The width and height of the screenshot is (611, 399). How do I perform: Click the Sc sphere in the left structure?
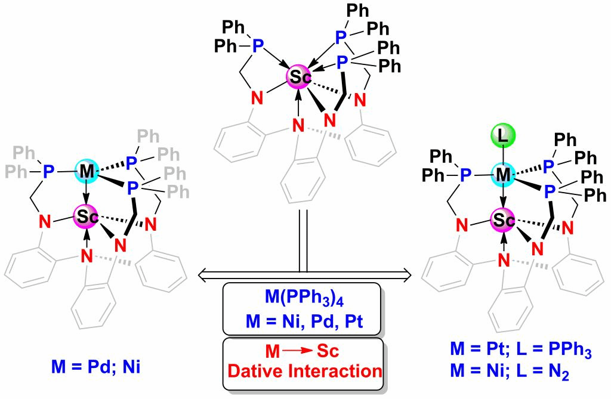(87, 218)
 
